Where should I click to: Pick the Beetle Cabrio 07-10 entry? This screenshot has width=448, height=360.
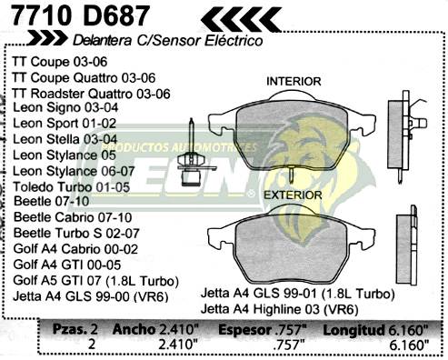tap(73, 218)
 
